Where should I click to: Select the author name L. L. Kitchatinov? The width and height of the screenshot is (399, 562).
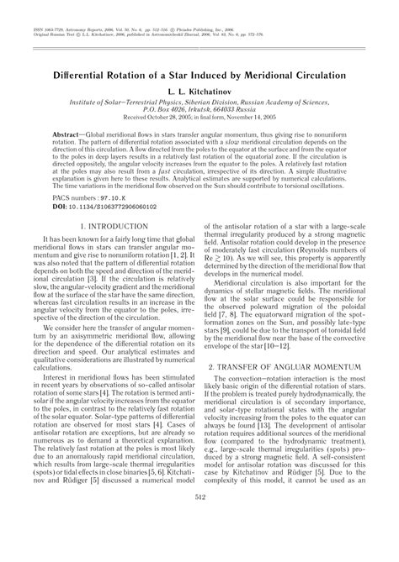199,91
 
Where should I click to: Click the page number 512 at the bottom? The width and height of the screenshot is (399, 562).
199,544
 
